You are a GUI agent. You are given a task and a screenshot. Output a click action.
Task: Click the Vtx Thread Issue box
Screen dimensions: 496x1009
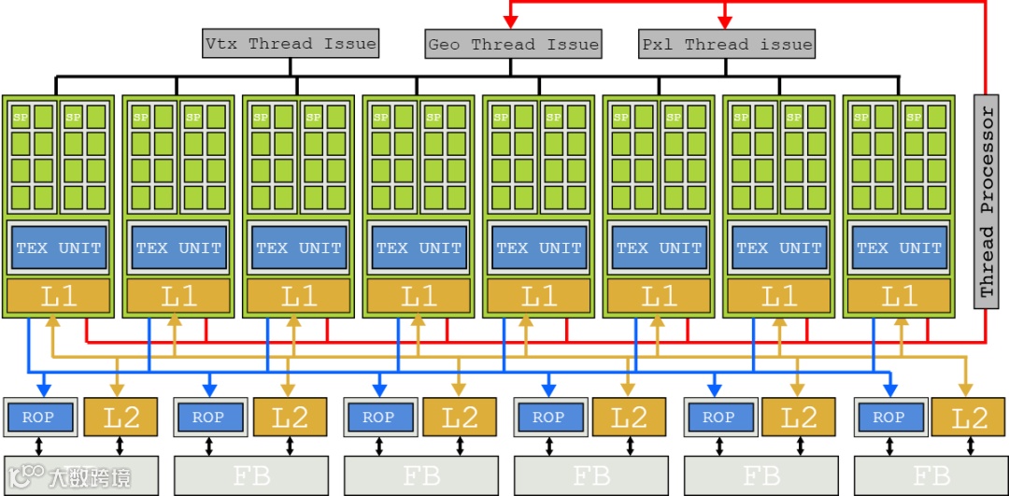coord(291,43)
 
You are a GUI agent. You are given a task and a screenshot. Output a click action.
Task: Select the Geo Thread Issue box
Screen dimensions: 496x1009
coord(512,44)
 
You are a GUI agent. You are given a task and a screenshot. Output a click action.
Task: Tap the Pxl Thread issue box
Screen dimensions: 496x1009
coord(726,44)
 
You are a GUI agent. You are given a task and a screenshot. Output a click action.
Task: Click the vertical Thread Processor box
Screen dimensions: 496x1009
coord(986,200)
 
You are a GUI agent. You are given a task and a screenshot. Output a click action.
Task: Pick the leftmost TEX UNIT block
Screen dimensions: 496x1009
coord(58,248)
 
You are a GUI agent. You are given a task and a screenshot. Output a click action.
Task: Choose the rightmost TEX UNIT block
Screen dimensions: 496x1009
coord(899,248)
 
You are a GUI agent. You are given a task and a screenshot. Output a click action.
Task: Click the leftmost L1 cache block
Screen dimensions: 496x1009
coord(58,297)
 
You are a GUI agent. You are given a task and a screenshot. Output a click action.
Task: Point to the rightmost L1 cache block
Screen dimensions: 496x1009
coord(899,297)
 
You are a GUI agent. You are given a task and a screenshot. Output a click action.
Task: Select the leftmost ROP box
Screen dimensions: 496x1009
coord(38,418)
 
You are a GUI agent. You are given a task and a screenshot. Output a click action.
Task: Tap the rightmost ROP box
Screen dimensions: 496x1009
coord(888,418)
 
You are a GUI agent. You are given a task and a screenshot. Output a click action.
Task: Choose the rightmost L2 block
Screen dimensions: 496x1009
coord(969,417)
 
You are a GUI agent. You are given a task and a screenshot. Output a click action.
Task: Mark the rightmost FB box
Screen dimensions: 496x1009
coord(931,476)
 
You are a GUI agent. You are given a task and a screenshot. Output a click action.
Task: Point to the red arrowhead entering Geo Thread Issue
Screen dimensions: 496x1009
coord(511,21)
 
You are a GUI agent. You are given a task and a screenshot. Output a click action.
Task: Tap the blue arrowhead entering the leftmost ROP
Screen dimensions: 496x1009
coord(41,387)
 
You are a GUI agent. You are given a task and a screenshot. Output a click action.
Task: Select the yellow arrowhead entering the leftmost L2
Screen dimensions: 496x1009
coord(118,387)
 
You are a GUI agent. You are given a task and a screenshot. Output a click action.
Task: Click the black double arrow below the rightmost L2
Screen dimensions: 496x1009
coord(969,446)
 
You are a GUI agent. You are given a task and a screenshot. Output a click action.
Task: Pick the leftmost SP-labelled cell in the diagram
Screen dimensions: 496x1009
coord(19,117)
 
